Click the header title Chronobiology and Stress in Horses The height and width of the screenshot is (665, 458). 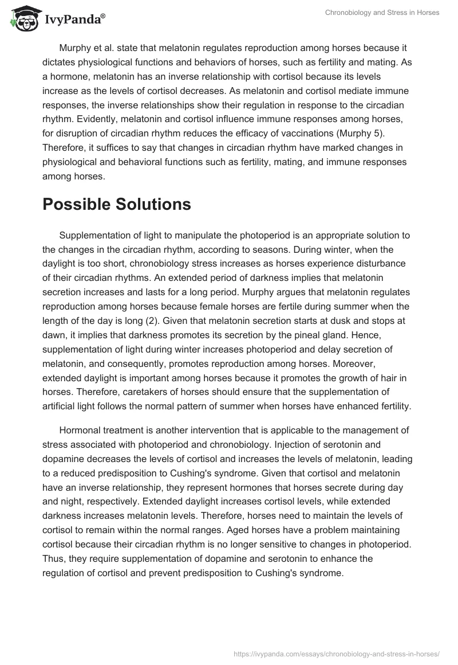381,12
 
